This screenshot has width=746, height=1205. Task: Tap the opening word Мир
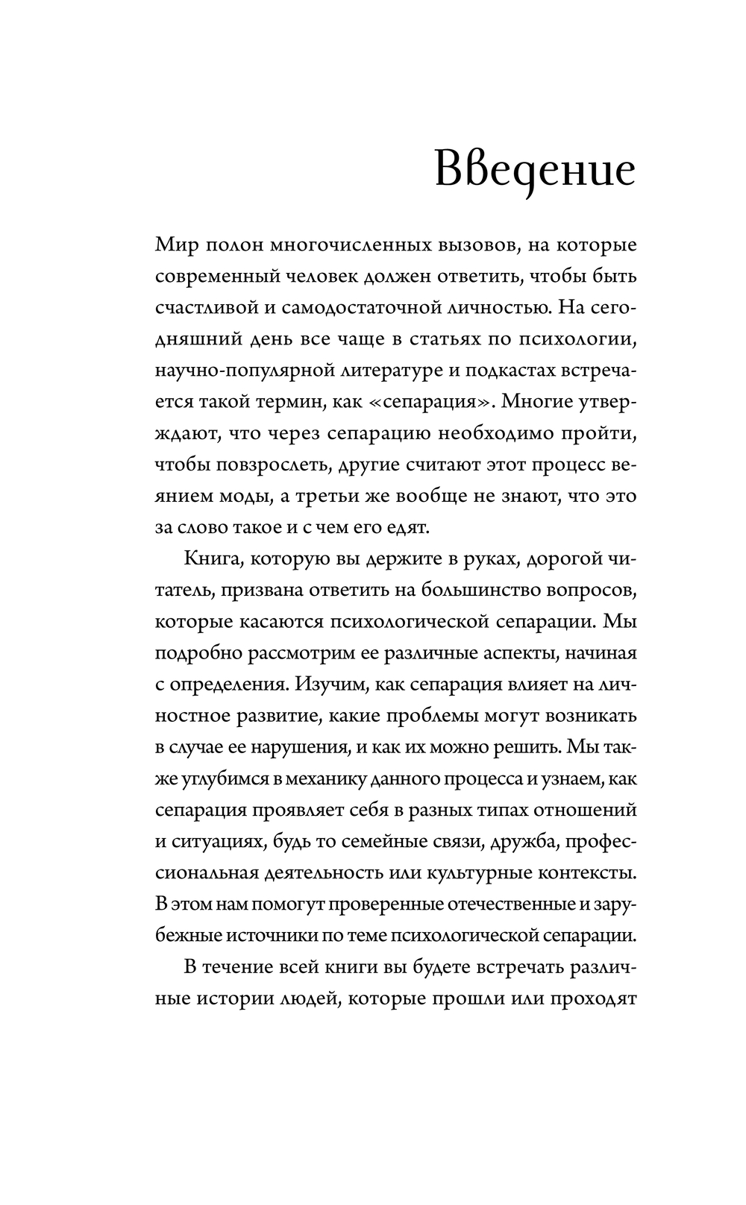point(175,245)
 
